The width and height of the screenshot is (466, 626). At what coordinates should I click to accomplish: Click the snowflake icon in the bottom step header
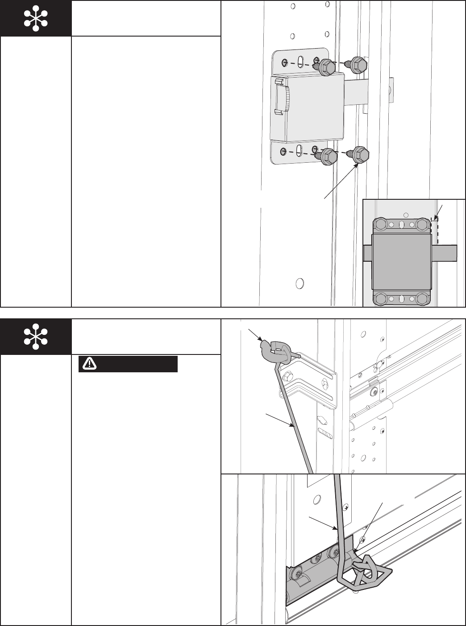click(x=36, y=337)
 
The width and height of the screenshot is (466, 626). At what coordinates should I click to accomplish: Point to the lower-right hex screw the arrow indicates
click(x=360, y=154)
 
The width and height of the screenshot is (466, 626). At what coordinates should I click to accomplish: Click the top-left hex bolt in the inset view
click(x=380, y=224)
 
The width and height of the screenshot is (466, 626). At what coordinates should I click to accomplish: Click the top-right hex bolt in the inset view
click(x=422, y=224)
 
